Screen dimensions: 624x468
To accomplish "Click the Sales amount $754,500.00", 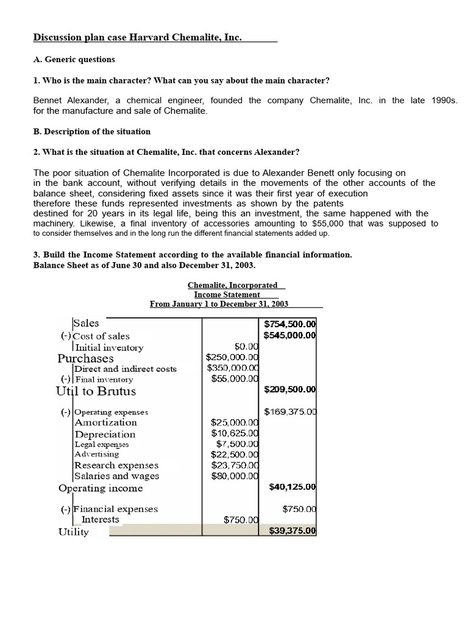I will click(290, 324).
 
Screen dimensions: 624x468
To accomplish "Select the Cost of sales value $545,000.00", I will click(290, 335).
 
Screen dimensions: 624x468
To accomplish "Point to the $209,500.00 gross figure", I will click(290, 389).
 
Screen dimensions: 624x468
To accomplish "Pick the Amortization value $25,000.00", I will click(235, 422).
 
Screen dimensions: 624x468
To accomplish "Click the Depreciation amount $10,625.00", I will click(235, 433).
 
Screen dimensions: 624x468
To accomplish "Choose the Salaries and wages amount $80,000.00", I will click(235, 476).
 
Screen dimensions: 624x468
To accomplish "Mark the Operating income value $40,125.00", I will click(292, 487).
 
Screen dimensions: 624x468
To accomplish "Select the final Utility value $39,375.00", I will click(292, 531).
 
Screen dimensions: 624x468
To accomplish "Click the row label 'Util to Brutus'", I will click(96, 391).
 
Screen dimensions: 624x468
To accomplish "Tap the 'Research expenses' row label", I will click(116, 465).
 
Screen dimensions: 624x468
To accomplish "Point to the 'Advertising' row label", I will click(97, 454).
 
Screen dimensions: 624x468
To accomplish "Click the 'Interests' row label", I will click(101, 520).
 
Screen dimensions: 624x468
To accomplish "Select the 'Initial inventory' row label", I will click(109, 347).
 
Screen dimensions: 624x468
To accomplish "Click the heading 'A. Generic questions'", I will click(74, 60).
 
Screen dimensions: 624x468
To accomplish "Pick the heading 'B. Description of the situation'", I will click(91, 132).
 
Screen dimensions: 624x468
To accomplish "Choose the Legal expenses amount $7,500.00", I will click(237, 444).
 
